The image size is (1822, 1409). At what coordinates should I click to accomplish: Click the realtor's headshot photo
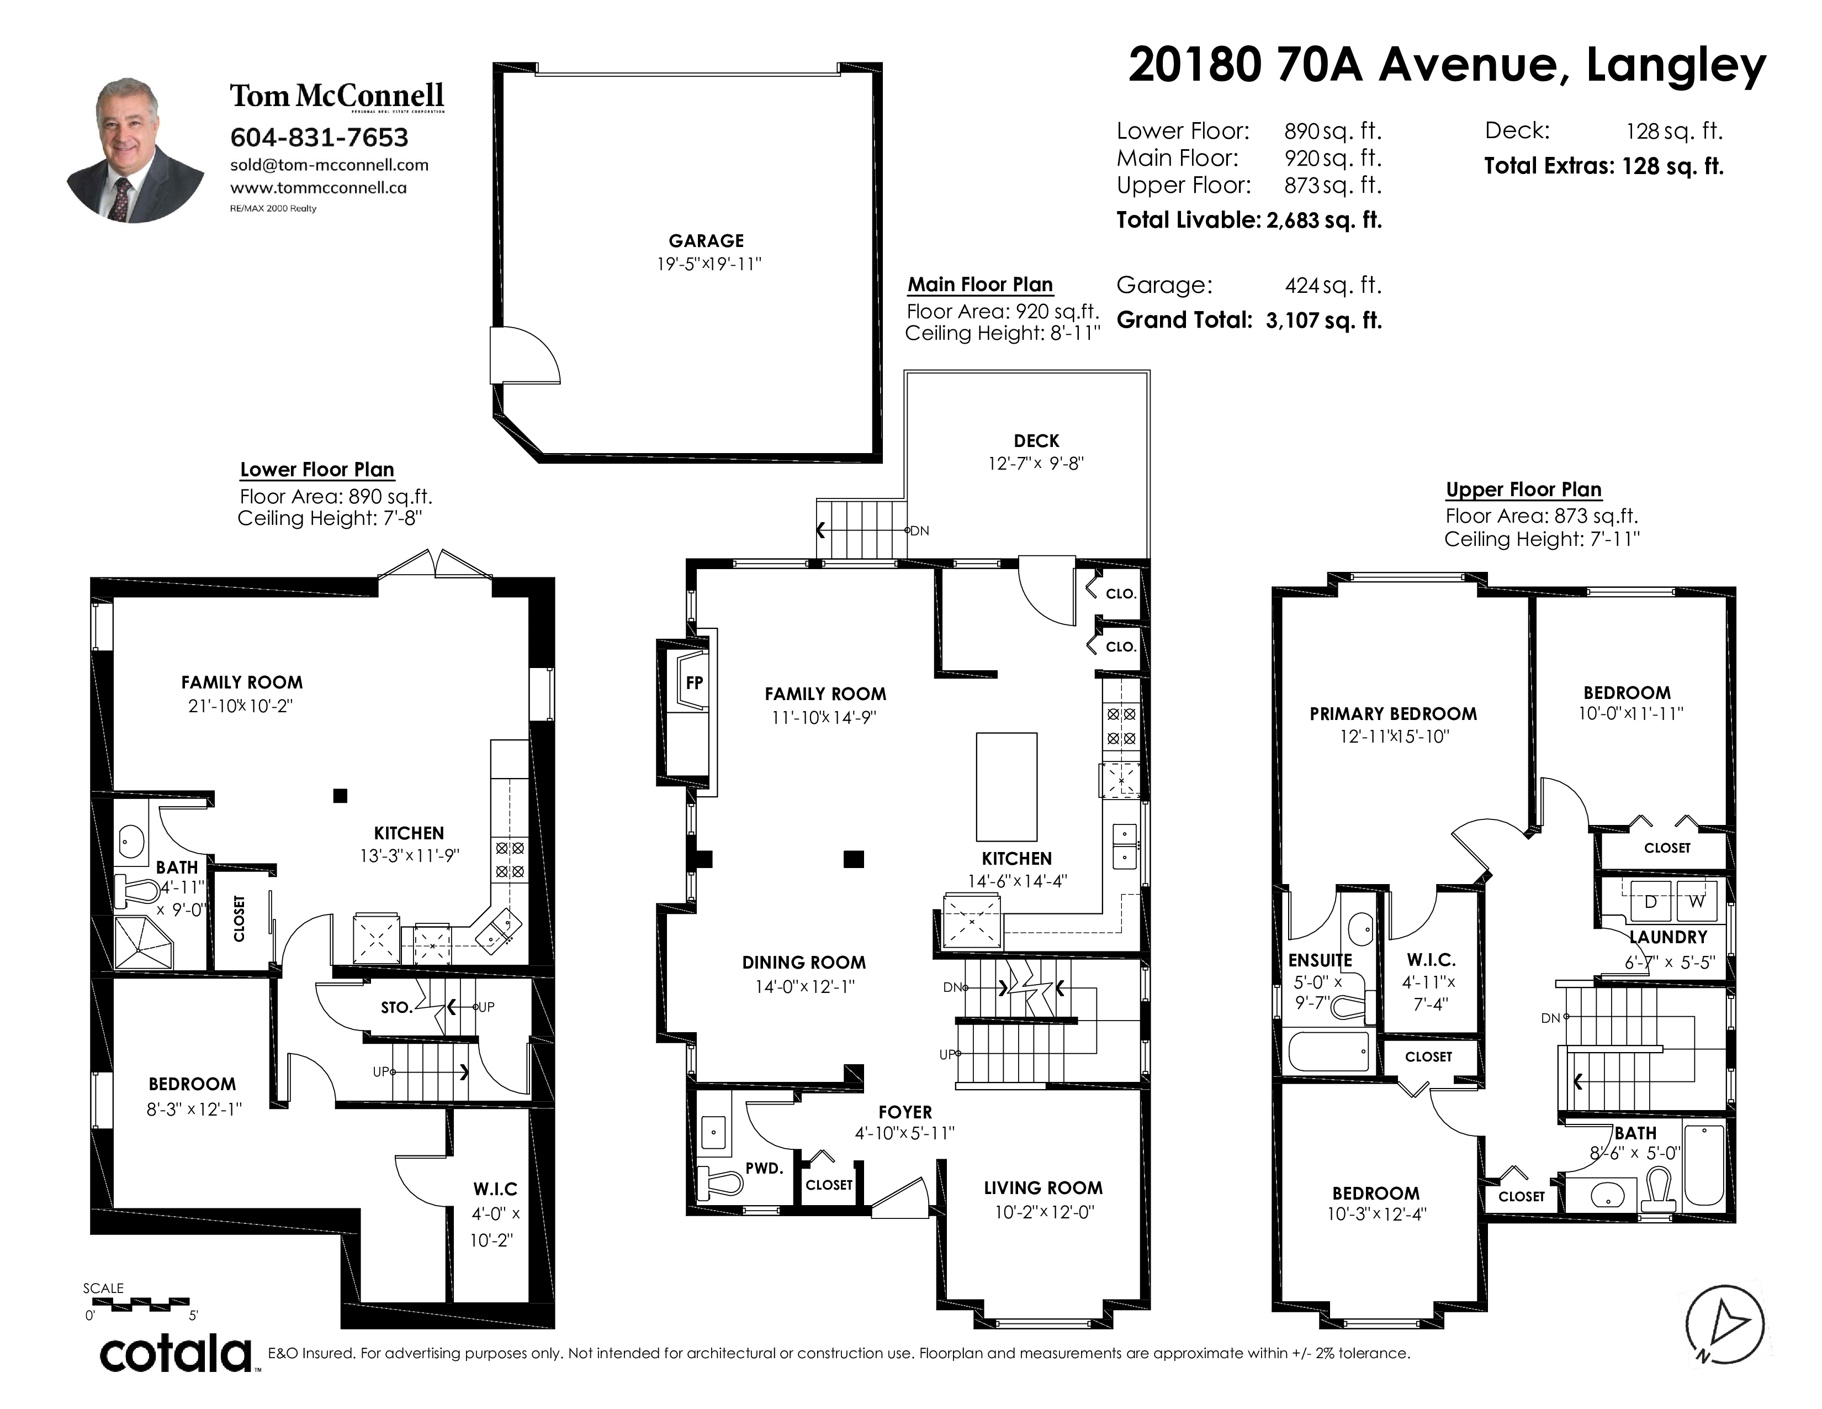pos(135,150)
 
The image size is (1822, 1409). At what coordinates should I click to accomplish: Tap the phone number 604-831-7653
pos(320,137)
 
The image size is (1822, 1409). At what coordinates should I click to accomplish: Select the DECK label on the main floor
pos(1036,441)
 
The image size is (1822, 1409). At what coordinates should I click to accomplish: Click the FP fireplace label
pos(694,683)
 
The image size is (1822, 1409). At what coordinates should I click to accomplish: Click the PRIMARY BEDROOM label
pos(1393,714)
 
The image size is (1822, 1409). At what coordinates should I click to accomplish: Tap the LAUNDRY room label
pos(1669,937)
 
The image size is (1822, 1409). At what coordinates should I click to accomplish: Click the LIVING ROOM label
pos(1043,1188)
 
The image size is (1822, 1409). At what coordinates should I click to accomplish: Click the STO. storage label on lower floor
pos(397,1007)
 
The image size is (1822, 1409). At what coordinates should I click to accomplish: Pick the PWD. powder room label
pos(764,1169)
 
